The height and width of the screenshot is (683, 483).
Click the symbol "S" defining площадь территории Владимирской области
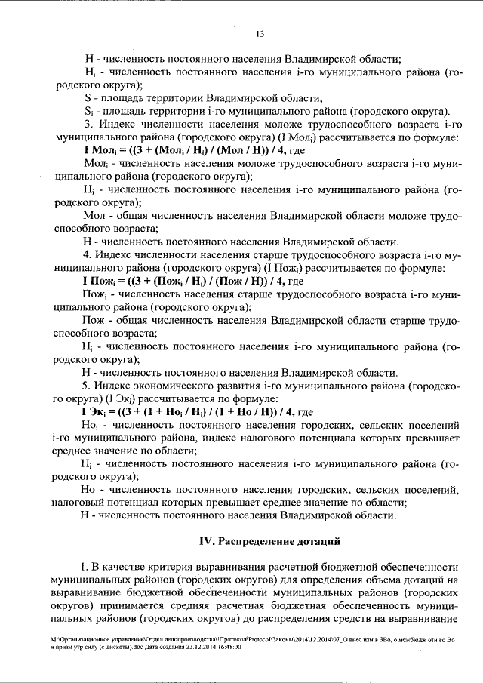pos(88,97)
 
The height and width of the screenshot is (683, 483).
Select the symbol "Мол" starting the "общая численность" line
pos(94,215)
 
